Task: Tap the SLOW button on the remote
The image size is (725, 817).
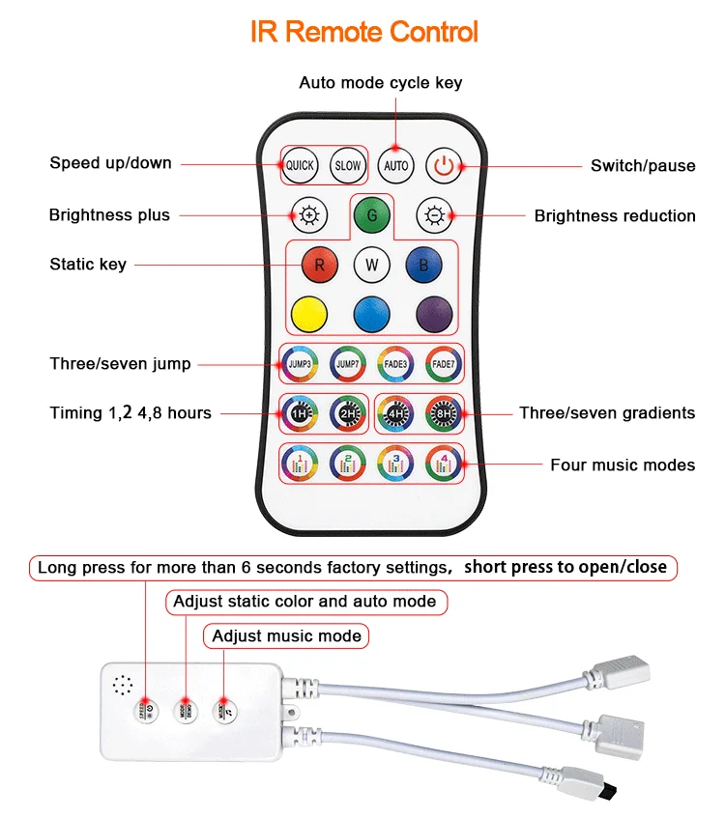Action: tap(347, 165)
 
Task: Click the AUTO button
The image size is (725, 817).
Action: tap(396, 165)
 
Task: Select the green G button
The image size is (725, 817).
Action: tap(371, 214)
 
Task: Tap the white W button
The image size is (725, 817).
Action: tap(371, 264)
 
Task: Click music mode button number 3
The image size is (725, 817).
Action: tap(394, 463)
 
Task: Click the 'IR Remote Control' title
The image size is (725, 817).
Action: tap(364, 32)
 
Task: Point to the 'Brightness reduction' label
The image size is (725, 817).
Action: tap(615, 215)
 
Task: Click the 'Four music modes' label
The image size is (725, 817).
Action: tap(623, 465)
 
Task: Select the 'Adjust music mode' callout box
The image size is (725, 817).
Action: tap(286, 635)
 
